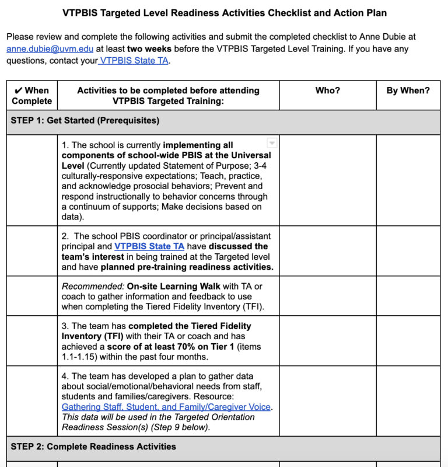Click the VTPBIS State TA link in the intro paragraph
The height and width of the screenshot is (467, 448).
[135, 61]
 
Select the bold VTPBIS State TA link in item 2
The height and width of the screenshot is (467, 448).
[149, 246]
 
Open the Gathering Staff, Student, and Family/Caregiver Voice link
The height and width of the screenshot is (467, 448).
[166, 407]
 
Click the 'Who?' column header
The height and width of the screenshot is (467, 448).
[327, 90]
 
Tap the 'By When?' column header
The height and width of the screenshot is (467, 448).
[408, 90]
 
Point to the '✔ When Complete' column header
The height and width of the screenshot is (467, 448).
[32, 96]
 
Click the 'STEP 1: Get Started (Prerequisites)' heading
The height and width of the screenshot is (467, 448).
[85, 121]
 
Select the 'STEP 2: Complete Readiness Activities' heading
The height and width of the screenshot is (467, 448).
[93, 447]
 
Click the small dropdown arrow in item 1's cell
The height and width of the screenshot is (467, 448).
[271, 143]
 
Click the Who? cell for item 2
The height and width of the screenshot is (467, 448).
[327, 251]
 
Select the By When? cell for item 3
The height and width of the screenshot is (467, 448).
[408, 341]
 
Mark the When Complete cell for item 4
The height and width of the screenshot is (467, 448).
[32, 401]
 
